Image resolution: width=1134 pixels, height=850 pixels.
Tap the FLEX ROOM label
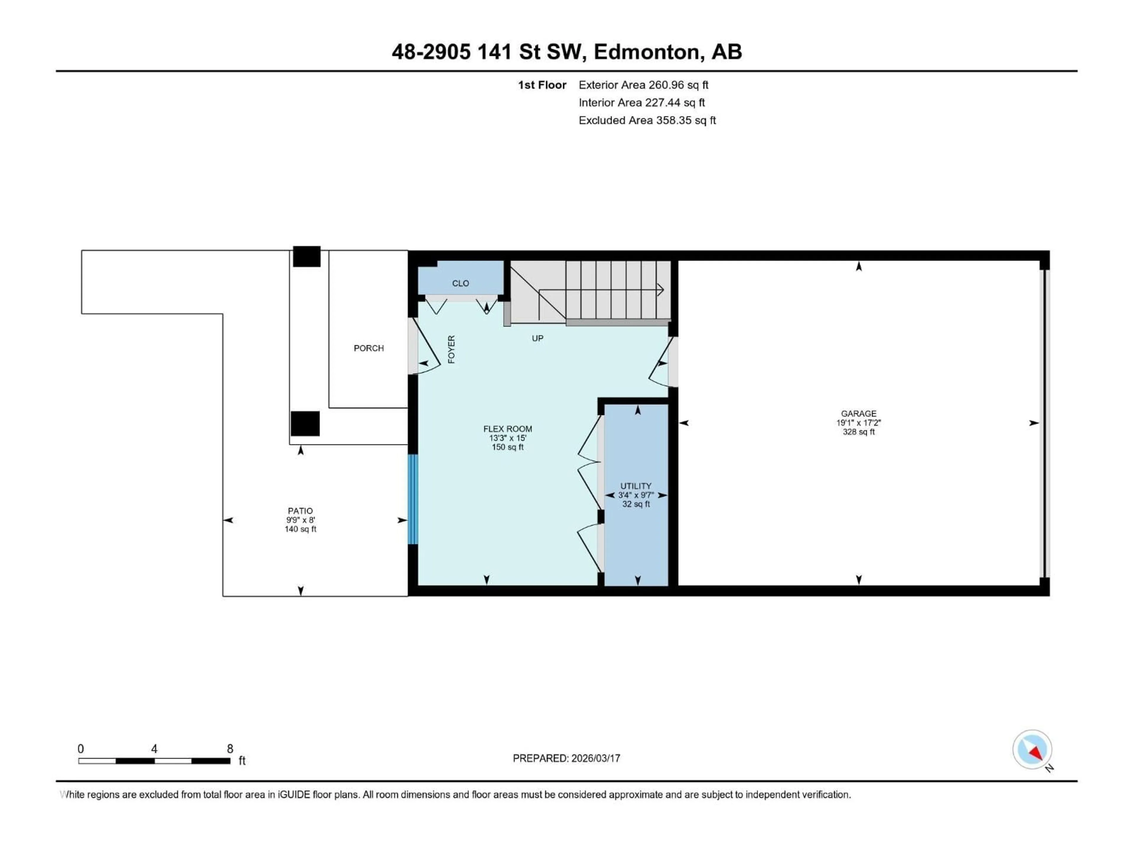(x=508, y=429)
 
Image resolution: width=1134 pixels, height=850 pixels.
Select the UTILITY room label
(x=636, y=486)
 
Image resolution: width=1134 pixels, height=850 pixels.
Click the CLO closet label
(x=460, y=283)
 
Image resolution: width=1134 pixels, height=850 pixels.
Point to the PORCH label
(x=369, y=348)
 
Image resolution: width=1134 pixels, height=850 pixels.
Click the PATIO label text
(x=300, y=511)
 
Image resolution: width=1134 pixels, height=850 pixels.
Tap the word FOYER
(x=451, y=349)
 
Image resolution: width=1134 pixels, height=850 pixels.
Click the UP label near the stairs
(x=537, y=338)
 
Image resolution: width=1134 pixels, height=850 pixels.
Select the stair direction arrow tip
(x=662, y=290)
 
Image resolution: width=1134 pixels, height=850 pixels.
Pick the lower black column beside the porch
(x=305, y=424)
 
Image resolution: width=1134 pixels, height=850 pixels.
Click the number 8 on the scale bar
(x=230, y=748)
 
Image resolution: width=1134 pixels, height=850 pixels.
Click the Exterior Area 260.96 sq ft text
(x=643, y=85)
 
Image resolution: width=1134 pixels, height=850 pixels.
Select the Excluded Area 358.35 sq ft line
(x=647, y=120)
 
